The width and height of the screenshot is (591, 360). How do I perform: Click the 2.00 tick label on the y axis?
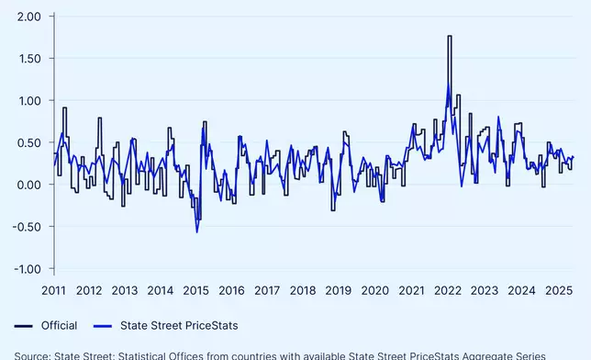[x=28, y=17]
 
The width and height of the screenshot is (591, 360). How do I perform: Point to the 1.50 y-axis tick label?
[x=28, y=59]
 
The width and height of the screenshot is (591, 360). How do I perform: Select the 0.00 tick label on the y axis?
[x=28, y=185]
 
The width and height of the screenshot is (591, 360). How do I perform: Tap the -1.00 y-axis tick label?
[x=26, y=269]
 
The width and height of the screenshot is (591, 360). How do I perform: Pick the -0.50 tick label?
[x=26, y=227]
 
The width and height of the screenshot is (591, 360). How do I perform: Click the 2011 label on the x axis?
[x=53, y=291]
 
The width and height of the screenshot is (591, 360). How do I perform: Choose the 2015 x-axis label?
[x=196, y=291]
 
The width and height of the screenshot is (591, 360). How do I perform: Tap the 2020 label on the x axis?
[x=375, y=291]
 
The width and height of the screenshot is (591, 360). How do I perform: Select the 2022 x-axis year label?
[x=447, y=291]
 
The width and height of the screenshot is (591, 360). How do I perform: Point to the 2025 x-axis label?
[x=554, y=291]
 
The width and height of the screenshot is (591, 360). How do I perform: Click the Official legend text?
[x=59, y=325]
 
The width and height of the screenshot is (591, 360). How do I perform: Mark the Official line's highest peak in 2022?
[x=450, y=37]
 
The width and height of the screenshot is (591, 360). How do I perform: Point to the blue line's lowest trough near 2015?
[x=196, y=231]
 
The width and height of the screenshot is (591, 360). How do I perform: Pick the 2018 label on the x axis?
[x=304, y=291]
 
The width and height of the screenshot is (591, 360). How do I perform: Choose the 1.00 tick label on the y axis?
[x=28, y=100]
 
